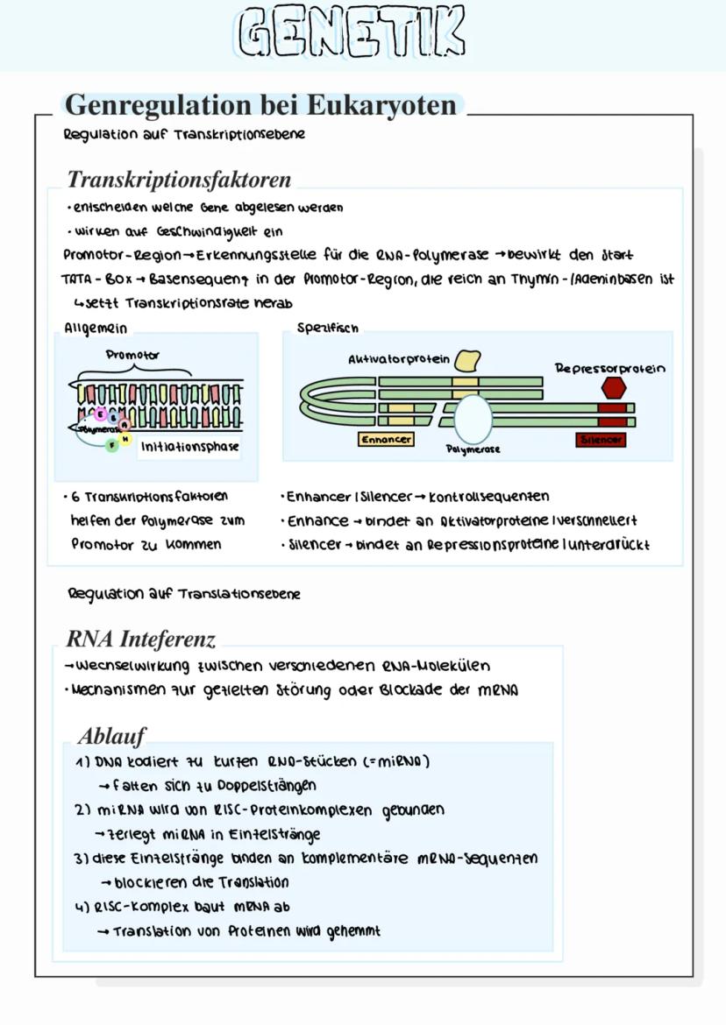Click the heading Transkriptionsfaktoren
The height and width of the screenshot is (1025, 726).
179,180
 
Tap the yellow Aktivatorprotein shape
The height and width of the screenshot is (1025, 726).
467,361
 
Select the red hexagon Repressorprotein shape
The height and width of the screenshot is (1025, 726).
614,388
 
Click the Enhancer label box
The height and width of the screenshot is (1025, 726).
386,439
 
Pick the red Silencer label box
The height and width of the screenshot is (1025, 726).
601,439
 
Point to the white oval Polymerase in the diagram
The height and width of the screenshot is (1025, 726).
473,419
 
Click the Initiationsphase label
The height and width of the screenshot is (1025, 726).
190,446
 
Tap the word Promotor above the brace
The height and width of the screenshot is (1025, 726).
132,355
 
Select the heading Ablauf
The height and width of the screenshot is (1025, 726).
111,734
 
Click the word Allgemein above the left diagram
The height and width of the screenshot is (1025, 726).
96,328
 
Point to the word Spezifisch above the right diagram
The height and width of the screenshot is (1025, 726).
328,328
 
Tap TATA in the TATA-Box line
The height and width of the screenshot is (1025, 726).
76,279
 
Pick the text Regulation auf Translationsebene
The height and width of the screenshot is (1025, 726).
184,594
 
